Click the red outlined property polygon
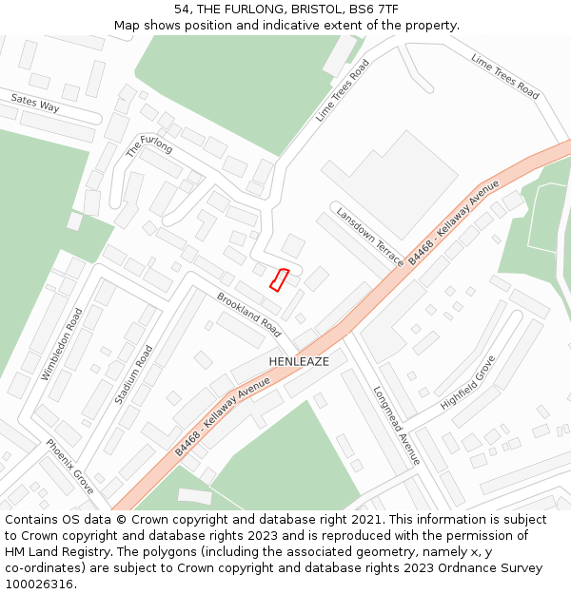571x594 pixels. point(280,279)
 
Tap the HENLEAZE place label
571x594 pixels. point(299,362)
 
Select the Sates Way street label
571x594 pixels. point(35,103)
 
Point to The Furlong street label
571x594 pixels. point(149,144)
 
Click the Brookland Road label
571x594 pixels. point(249,315)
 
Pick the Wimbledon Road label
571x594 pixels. point(62,344)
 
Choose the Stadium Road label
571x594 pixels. point(133,374)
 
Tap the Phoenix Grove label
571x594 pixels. point(70,467)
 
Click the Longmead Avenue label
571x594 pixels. point(396,425)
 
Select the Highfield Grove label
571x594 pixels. point(468,383)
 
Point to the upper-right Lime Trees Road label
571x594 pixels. point(504,76)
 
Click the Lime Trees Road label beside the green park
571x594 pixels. point(343,90)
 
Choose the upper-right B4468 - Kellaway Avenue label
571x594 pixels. point(454,221)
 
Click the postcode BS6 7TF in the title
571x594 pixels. point(376,10)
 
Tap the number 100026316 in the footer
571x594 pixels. point(41,584)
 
